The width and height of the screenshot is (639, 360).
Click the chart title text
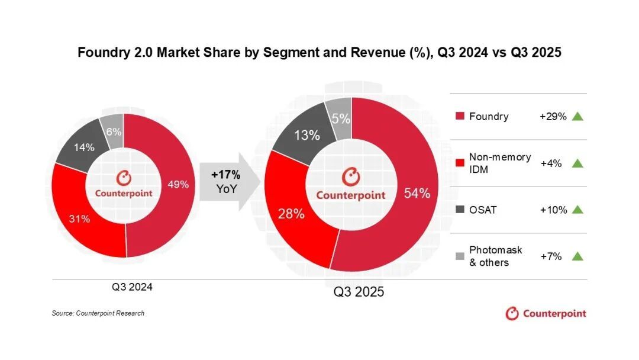pyautogui.click(x=319, y=53)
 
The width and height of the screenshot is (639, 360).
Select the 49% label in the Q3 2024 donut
pyautogui.click(x=178, y=184)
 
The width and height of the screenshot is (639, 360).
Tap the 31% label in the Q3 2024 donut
pyautogui.click(x=79, y=219)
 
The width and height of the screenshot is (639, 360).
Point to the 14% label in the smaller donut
pyautogui.click(x=83, y=147)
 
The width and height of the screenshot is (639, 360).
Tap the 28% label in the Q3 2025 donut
pyautogui.click(x=291, y=214)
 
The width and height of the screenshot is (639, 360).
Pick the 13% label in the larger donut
pyautogui.click(x=306, y=135)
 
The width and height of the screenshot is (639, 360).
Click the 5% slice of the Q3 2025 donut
pyautogui.click(x=341, y=119)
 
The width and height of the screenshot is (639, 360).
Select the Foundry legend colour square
pyautogui.click(x=460, y=117)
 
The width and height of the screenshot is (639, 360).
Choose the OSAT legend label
pyautogui.click(x=483, y=210)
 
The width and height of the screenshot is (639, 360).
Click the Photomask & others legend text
pyautogui.click(x=495, y=256)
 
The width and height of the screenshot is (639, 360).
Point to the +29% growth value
pyautogui.click(x=553, y=117)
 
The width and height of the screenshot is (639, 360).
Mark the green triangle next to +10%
pyautogui.click(x=578, y=210)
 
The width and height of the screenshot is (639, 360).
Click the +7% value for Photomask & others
pyautogui.click(x=551, y=256)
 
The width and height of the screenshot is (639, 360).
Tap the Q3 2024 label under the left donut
pyautogui.click(x=133, y=287)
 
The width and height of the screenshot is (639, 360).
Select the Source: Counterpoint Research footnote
pyautogui.click(x=98, y=313)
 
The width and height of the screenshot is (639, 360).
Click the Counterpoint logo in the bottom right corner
pyautogui.click(x=546, y=313)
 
